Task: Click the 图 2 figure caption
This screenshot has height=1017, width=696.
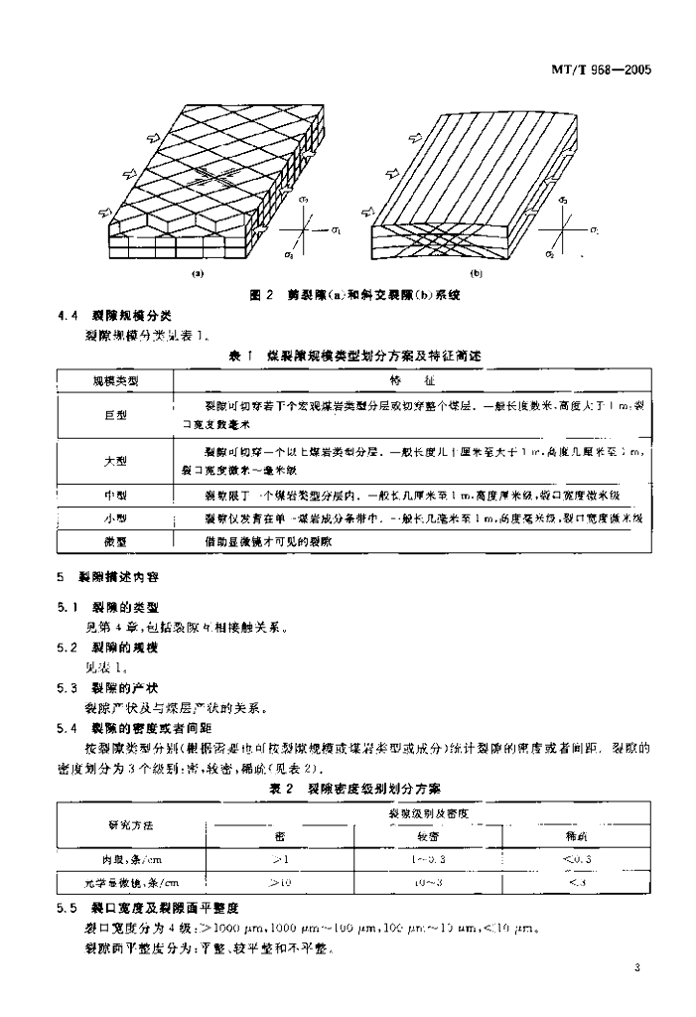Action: pos(356,295)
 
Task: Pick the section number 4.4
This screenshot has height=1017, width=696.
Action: pos(69,317)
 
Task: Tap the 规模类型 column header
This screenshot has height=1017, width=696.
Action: pos(115,380)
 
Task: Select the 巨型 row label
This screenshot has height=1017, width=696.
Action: pos(115,415)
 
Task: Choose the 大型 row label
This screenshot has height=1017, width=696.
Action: pos(115,461)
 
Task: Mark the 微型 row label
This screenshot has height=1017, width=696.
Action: pos(115,541)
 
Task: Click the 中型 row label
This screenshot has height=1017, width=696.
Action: pos(115,494)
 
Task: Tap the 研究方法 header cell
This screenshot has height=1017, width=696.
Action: pos(131,825)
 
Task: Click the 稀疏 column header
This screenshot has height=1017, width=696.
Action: pos(577,837)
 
